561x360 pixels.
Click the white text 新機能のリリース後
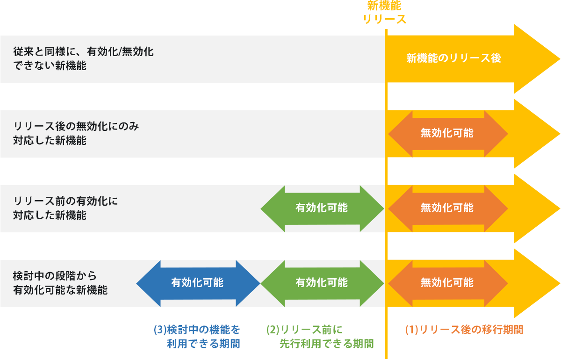(453, 58)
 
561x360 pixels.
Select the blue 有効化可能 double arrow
(197, 283)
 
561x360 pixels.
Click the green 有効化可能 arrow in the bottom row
(322, 283)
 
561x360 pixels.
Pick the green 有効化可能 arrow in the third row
(322, 208)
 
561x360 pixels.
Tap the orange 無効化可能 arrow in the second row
(447, 133)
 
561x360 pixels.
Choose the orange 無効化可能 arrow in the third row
(447, 208)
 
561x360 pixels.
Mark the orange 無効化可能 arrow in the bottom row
(447, 283)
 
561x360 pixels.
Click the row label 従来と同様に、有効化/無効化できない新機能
(83, 58)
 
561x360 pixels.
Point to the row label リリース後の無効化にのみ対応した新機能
(76, 133)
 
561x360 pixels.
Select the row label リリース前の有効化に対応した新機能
(65, 208)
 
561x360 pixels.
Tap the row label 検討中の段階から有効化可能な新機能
(61, 283)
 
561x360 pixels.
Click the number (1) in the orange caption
(410, 329)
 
